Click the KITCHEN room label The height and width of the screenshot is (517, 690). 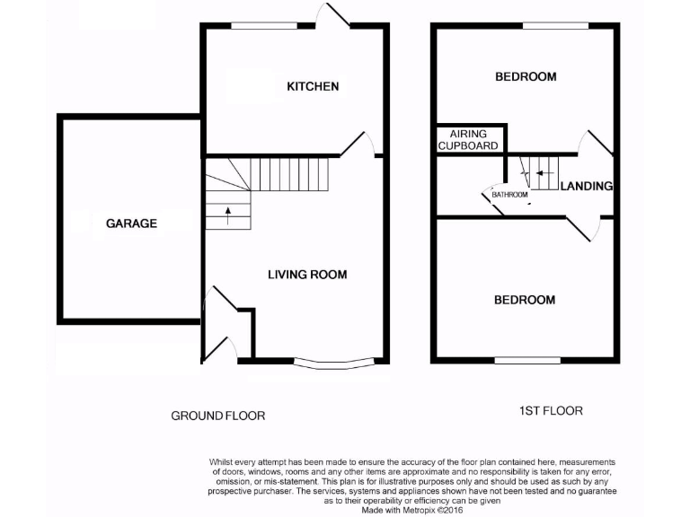click(313, 86)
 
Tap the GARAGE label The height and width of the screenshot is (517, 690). click(131, 223)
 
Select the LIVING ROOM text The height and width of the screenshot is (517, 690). click(307, 275)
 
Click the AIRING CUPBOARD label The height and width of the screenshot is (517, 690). click(468, 139)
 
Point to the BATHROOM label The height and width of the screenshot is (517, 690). click(509, 194)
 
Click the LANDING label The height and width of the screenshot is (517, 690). click(586, 187)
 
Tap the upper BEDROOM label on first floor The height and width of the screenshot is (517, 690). click(526, 77)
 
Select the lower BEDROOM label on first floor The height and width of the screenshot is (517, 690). click(525, 300)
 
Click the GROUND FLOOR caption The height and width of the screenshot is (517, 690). click(218, 416)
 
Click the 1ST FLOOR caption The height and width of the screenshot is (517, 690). click(551, 411)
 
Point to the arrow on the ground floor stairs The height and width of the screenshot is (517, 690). click(227, 215)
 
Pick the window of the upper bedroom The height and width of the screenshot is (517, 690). click(550, 27)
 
